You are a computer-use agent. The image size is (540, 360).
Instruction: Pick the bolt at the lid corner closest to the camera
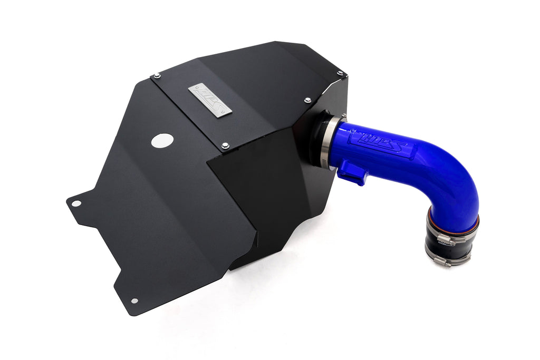click(225, 145)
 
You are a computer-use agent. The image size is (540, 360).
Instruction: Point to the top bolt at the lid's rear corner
click(340, 73)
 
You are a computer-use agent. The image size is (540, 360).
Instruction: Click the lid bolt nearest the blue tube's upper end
click(307, 99)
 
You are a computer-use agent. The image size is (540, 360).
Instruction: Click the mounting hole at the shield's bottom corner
click(134, 300)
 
